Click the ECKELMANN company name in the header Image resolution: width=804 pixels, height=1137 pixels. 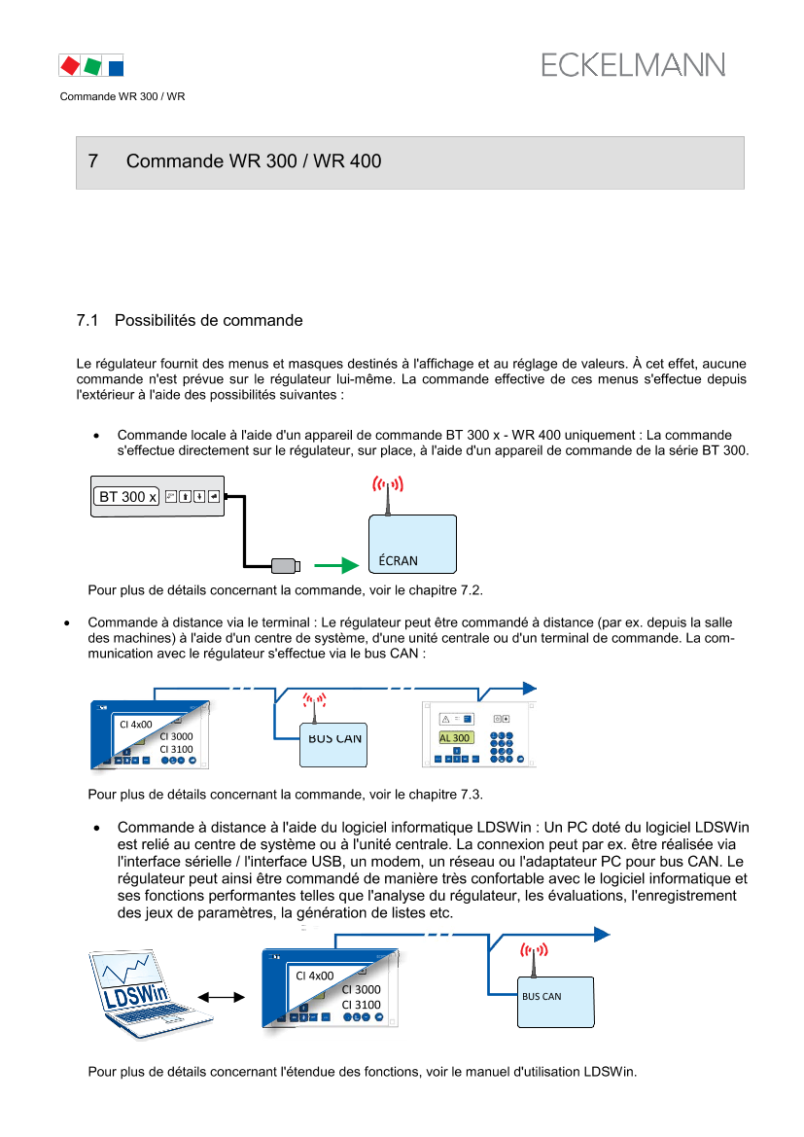[x=633, y=65]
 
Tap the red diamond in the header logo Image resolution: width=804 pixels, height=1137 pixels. [x=69, y=65]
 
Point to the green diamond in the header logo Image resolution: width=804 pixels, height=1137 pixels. [x=92, y=66]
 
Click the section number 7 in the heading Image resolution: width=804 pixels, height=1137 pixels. [x=93, y=161]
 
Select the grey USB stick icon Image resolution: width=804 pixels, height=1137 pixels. [x=285, y=566]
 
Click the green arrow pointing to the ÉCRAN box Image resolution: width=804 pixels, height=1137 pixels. [x=336, y=566]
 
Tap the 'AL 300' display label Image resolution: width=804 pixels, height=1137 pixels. [x=455, y=738]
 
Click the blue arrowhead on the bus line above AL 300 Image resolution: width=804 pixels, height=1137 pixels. [x=529, y=689]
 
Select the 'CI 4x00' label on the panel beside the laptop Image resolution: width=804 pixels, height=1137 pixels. [x=315, y=976]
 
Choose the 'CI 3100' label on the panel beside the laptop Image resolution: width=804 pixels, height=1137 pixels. [x=361, y=1005]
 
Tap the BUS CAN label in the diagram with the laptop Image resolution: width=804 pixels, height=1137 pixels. [x=542, y=997]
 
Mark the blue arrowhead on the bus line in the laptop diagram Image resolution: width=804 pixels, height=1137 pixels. [x=602, y=935]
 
